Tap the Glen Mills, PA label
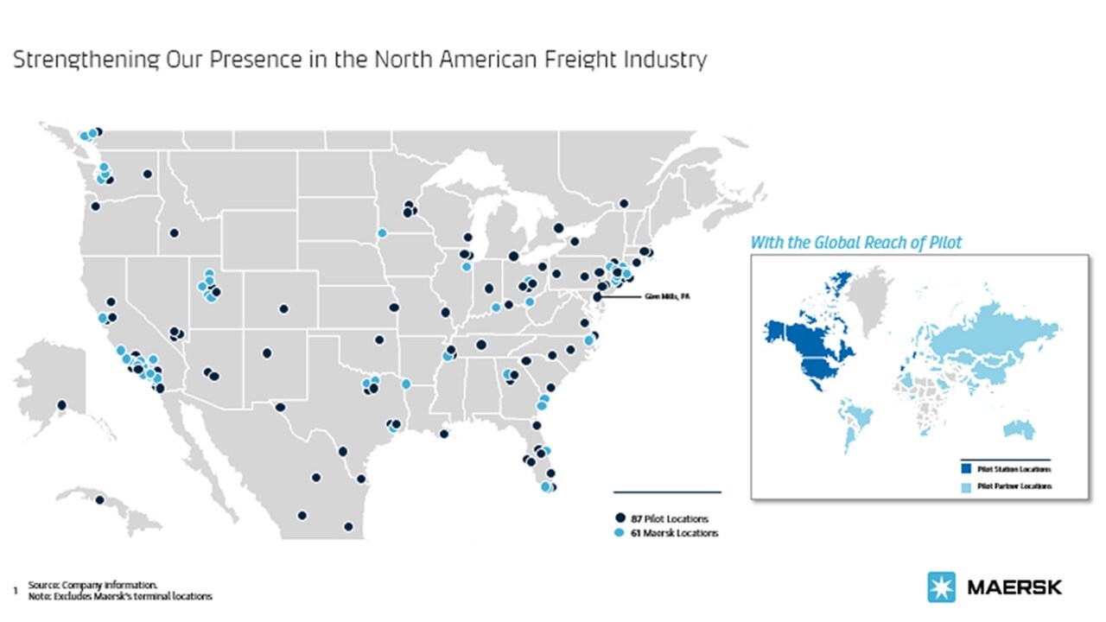pos(669,296)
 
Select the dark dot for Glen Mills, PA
pos(596,296)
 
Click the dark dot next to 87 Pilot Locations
pos(620,518)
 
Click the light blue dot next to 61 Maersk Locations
pos(620,533)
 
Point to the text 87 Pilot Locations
pos(670,518)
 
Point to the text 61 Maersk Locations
pos(674,533)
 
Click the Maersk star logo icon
pos(942,587)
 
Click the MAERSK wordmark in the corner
pos(1014,587)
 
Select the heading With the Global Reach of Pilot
pos(855,243)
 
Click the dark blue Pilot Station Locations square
pos(966,469)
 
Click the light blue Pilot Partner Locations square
pos(966,486)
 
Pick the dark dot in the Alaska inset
pos(61,405)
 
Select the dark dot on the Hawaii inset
pos(99,500)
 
